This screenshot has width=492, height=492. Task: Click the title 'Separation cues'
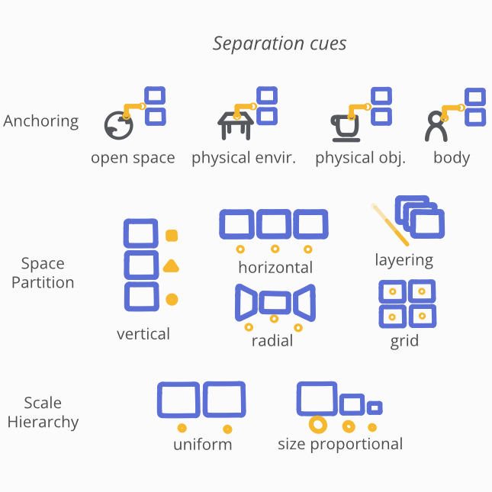click(279, 43)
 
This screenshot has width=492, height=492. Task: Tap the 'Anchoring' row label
click(41, 121)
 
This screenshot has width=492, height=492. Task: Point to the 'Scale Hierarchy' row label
click(43, 412)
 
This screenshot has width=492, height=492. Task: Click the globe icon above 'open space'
click(118, 125)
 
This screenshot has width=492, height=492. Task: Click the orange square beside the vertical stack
click(172, 236)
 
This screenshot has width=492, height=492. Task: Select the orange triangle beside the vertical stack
click(172, 266)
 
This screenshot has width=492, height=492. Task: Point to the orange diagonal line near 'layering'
click(389, 224)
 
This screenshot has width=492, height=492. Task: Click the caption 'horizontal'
click(275, 267)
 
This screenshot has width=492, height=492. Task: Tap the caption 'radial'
click(272, 341)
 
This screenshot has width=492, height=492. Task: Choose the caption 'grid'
click(404, 341)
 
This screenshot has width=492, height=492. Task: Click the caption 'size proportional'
click(340, 444)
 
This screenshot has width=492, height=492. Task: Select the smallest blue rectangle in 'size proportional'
click(375, 407)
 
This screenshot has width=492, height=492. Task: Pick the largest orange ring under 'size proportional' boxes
click(317, 425)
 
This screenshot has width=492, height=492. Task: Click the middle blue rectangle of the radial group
click(274, 303)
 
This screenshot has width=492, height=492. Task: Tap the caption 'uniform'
click(202, 444)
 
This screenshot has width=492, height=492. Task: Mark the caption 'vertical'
click(143, 333)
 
